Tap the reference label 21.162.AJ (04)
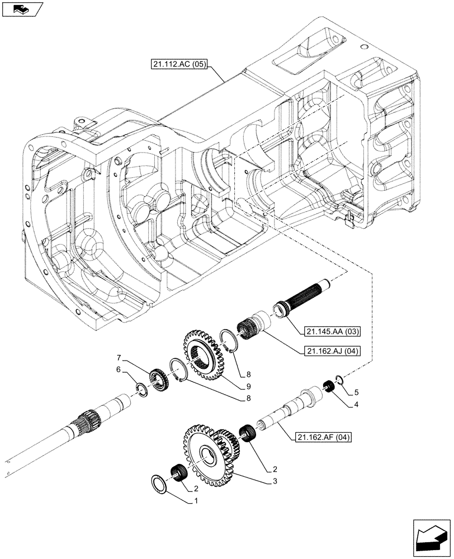pyautogui.click(x=324, y=351)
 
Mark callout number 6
pyautogui.click(x=117, y=369)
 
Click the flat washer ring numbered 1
pyautogui.click(x=160, y=484)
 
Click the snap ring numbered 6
pyautogui.click(x=142, y=389)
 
